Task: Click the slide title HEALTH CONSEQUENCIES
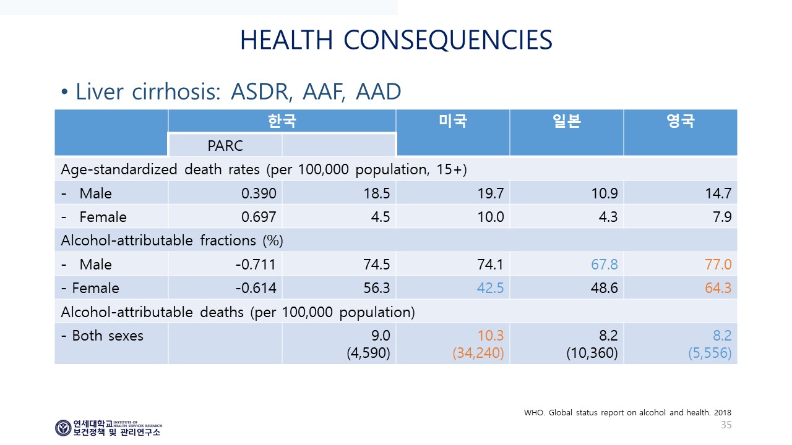pos(396,40)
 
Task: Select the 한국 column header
pos(282,121)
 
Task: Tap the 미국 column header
pos(453,121)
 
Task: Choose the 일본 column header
pos(567,121)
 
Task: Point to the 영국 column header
pos(681,121)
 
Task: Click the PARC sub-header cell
pos(225,145)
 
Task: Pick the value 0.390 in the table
pos(259,193)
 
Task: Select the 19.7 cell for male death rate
pos(491,193)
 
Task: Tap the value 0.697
pos(259,217)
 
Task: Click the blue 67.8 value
pos(605,265)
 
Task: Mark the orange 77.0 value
pos(718,265)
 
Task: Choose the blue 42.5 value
pos(490,288)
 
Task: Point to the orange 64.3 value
pos(718,288)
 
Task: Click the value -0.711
pos(256,265)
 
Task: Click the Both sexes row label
pos(102,336)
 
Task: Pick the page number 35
pos(726,425)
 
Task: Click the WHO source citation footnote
pos(627,412)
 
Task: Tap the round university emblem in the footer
pos(63,428)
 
